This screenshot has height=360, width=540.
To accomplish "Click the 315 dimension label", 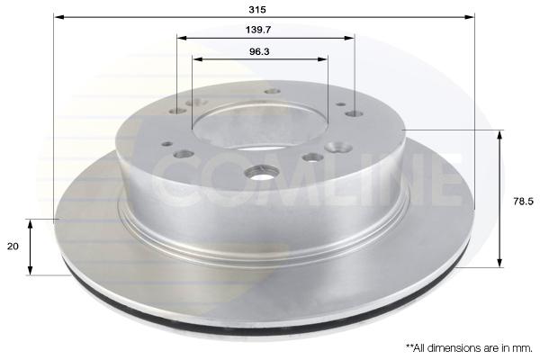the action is point(257,9).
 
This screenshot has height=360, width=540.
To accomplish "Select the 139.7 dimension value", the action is point(258,30).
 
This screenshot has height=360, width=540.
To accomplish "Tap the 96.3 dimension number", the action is point(259,51).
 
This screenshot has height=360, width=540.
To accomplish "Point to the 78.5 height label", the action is point(523,202).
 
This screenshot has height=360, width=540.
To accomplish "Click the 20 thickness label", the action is point(13,247).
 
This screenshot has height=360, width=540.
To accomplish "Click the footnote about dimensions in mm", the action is point(469,348).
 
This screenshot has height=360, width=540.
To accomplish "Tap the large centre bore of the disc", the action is point(259,126).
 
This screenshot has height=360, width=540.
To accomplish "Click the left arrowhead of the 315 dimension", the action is point(59,17).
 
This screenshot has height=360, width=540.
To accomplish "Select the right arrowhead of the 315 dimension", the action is point(470,17).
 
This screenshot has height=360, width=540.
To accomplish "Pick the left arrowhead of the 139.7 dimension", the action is point(182,38).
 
